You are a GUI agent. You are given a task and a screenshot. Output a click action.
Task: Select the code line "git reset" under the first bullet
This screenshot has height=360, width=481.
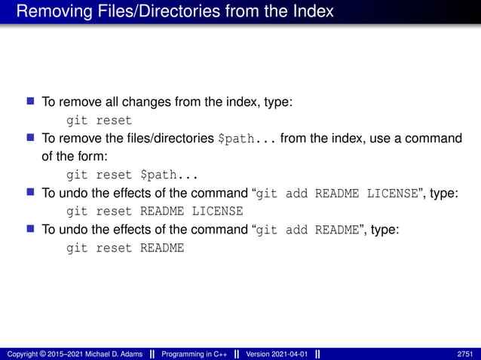pos(99,120)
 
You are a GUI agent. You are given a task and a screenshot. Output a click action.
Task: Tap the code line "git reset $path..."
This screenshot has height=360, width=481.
pos(132,175)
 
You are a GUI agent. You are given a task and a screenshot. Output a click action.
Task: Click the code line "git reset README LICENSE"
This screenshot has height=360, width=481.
pos(155,211)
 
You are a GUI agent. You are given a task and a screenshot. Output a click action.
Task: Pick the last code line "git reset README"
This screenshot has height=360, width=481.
pos(125,247)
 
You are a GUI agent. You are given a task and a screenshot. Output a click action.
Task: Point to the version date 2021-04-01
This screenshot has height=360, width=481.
pos(291,354)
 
